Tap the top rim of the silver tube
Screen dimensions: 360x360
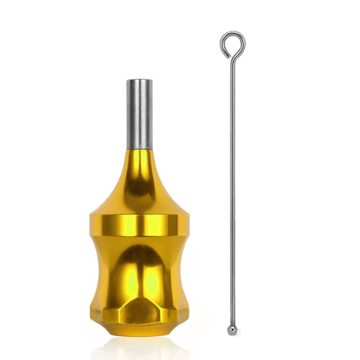click(x=139, y=80)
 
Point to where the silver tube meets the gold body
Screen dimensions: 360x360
click(x=139, y=149)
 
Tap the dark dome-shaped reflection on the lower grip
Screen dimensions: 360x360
click(x=139, y=266)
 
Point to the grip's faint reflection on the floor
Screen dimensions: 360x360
click(x=139, y=347)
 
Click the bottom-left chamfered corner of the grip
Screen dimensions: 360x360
click(x=94, y=320)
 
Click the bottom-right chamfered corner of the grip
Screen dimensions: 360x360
click(x=184, y=320)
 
